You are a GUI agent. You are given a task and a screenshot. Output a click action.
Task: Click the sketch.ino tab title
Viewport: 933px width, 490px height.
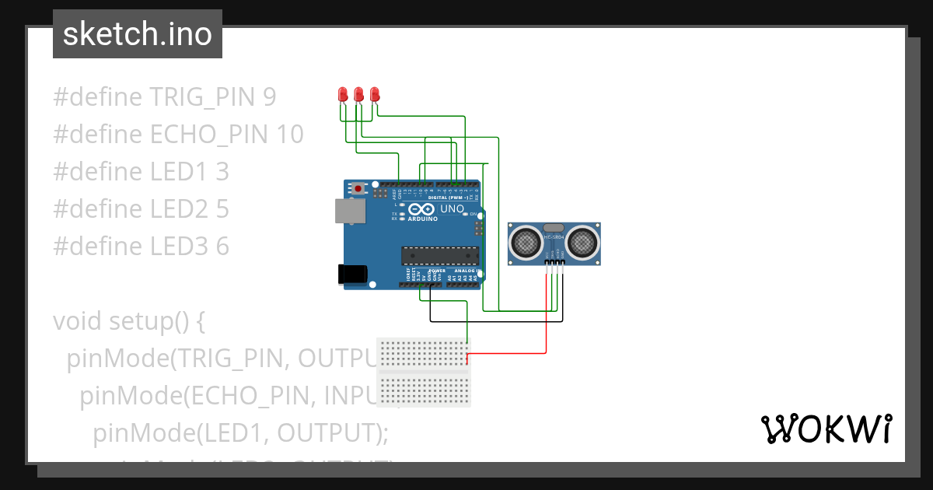click(x=137, y=34)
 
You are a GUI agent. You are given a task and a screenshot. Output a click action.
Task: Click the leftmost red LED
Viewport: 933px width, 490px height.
click(x=342, y=95)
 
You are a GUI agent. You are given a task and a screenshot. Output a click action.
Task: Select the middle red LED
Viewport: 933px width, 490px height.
click(x=358, y=95)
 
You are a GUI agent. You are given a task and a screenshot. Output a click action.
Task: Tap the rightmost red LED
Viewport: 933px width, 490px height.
click(x=375, y=95)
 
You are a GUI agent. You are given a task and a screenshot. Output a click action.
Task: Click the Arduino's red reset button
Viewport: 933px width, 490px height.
click(x=358, y=188)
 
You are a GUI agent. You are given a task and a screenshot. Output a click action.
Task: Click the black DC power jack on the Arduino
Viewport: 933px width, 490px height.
click(x=352, y=274)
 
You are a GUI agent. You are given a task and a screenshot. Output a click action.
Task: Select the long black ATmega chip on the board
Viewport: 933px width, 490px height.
click(x=439, y=255)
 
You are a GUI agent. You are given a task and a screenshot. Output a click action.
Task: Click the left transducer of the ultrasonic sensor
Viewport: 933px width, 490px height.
click(x=526, y=243)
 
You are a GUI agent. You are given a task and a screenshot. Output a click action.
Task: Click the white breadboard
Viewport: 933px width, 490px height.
click(x=424, y=372)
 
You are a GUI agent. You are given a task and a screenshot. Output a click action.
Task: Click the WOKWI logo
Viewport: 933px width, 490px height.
click(x=826, y=429)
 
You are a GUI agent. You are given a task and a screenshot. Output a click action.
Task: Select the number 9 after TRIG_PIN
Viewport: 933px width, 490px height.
click(x=269, y=97)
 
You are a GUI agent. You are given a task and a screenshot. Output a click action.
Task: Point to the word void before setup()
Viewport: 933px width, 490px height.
click(x=78, y=321)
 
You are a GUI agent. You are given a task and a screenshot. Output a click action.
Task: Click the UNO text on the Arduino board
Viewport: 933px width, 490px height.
click(x=453, y=209)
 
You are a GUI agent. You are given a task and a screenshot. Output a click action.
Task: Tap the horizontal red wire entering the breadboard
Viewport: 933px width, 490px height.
click(x=505, y=354)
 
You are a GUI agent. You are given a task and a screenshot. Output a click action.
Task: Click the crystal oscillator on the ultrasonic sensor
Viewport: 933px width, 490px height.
click(x=554, y=227)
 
